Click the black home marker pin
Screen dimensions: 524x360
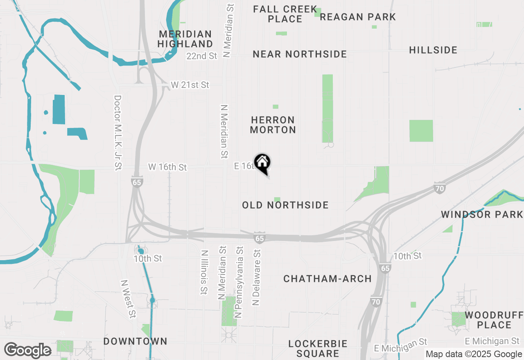click(262, 163)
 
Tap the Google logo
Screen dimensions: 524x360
click(27, 351)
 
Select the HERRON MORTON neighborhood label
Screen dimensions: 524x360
click(273, 125)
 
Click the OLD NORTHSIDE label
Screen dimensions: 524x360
click(285, 205)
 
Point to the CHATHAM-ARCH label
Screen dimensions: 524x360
click(327, 279)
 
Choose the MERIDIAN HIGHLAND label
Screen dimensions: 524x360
click(185, 39)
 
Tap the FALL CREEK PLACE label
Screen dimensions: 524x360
click(285, 14)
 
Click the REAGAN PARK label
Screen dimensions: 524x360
click(358, 17)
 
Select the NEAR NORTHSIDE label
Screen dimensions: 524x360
click(300, 54)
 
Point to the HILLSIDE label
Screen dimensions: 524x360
click(433, 50)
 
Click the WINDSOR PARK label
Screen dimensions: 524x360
click(482, 214)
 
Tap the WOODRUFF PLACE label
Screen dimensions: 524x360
click(494, 320)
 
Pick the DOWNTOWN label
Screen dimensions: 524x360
click(135, 341)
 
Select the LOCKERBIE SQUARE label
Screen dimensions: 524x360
click(318, 348)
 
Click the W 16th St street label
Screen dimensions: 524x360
click(167, 167)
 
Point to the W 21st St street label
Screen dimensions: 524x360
click(190, 85)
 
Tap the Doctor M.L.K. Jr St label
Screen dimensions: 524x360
click(118, 133)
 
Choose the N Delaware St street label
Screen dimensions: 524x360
click(257, 276)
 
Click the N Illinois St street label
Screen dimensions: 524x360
click(204, 272)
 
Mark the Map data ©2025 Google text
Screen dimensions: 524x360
click(474, 354)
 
